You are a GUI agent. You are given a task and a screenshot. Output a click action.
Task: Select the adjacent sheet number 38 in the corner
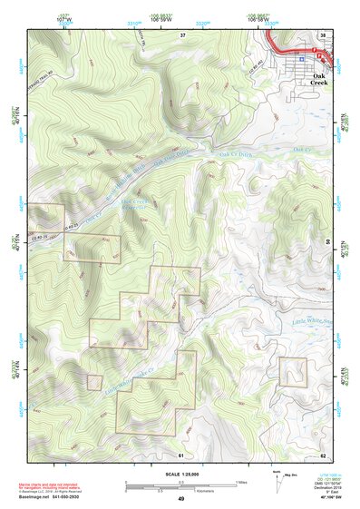pos(323,34)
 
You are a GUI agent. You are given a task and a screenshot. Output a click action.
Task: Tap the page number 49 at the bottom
pos(180,499)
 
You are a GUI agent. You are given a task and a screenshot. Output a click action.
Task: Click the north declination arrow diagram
pos(277,484)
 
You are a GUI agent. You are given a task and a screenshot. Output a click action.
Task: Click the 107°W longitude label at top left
pos(63,16)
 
